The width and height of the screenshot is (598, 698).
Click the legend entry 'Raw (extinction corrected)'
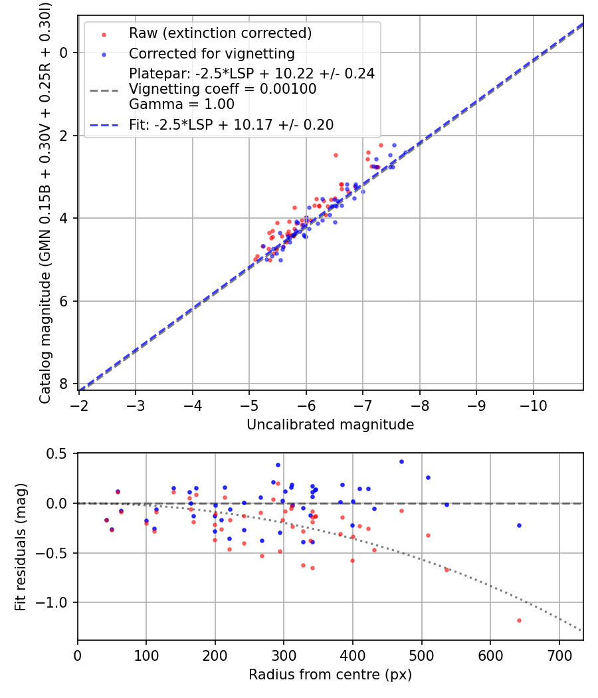(220, 33)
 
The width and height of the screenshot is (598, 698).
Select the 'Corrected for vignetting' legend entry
(211, 53)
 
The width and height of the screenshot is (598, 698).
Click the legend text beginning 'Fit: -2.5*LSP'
(231, 124)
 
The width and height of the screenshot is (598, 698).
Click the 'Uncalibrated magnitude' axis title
(330, 425)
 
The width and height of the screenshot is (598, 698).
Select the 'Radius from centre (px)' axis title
(330, 675)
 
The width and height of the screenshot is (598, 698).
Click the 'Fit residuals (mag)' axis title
(21, 546)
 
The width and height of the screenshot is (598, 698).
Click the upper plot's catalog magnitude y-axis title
(45, 203)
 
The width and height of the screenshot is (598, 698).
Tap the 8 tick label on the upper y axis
(63, 384)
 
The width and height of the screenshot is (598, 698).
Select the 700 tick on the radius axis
(559, 655)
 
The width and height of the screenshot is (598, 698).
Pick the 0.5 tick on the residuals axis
(59, 453)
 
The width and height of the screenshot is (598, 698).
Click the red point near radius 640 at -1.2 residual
(519, 620)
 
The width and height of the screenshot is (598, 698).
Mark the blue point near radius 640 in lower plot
(519, 525)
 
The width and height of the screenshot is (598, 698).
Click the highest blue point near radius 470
(401, 461)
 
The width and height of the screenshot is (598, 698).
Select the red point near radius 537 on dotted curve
(447, 570)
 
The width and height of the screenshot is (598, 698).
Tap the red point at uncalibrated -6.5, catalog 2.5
(336, 155)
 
